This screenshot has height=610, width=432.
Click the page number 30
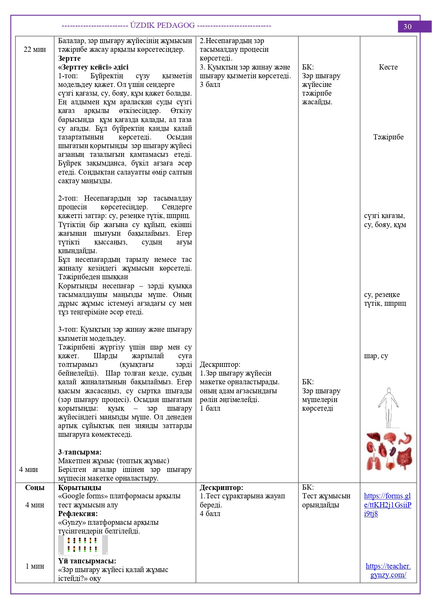point(407,27)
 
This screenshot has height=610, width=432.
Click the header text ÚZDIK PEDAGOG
point(162,25)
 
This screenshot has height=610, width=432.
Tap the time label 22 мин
point(35,49)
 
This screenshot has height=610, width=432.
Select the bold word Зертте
point(69,58)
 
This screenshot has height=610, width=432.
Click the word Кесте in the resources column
point(388,67)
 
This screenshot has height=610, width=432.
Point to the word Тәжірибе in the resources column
point(388,137)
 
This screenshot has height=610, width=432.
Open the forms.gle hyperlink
point(387,505)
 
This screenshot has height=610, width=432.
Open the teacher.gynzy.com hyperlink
point(388,570)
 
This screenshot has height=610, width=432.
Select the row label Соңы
point(35,488)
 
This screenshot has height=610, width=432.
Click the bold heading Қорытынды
point(80,488)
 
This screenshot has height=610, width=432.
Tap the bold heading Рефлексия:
point(78,514)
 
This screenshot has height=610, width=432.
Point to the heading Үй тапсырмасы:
point(87,561)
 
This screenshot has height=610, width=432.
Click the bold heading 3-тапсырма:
point(80,452)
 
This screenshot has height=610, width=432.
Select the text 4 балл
point(210,514)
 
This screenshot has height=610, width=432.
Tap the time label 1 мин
point(35,566)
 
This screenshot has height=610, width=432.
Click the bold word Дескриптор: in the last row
point(221,488)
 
